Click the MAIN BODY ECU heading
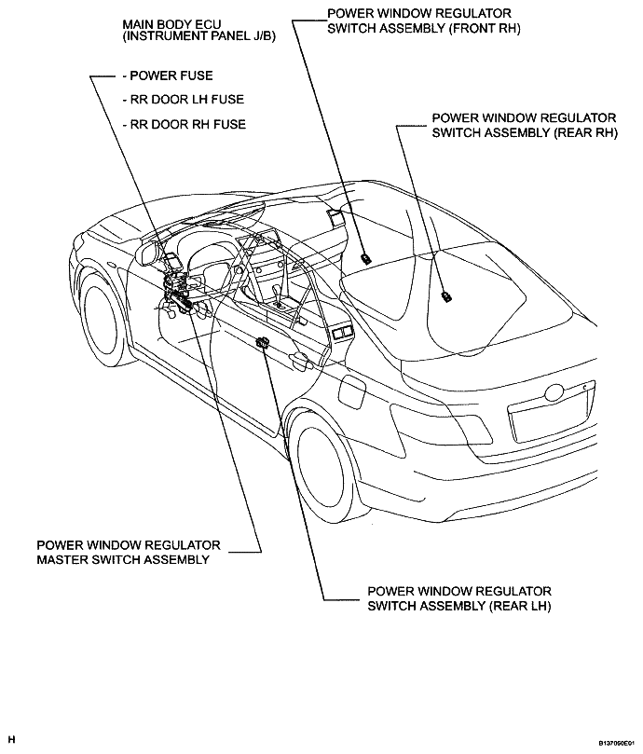[x=171, y=23]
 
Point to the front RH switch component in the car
[x=365, y=258]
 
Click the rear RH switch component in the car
[x=446, y=297]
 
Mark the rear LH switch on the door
[x=263, y=342]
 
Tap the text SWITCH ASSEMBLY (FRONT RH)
[x=424, y=28]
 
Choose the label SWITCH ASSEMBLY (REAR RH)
[x=525, y=132]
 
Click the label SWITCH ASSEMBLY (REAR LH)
[x=459, y=606]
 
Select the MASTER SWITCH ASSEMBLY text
[x=123, y=560]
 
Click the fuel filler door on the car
[x=352, y=391]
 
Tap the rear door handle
[x=298, y=358]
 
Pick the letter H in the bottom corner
[x=12, y=739]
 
